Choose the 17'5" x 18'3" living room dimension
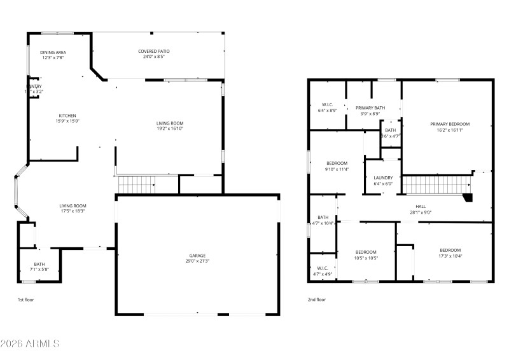[x=73, y=211]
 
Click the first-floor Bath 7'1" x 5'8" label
[x=39, y=267]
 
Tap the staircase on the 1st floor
[x=137, y=185]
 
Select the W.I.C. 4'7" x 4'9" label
[x=323, y=270]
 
